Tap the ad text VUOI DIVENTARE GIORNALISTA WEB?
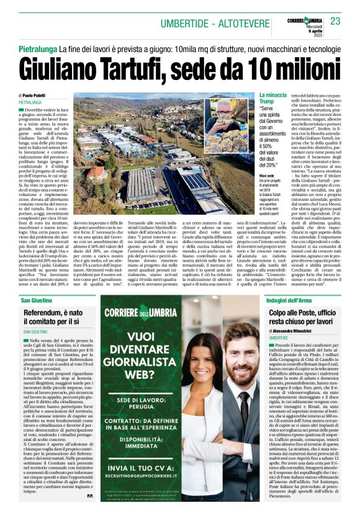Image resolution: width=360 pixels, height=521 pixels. pos(151,350)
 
